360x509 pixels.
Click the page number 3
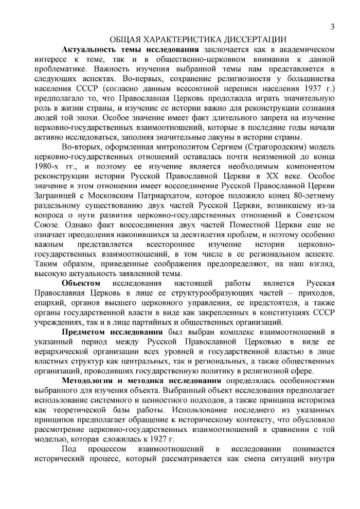click(x=332, y=27)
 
